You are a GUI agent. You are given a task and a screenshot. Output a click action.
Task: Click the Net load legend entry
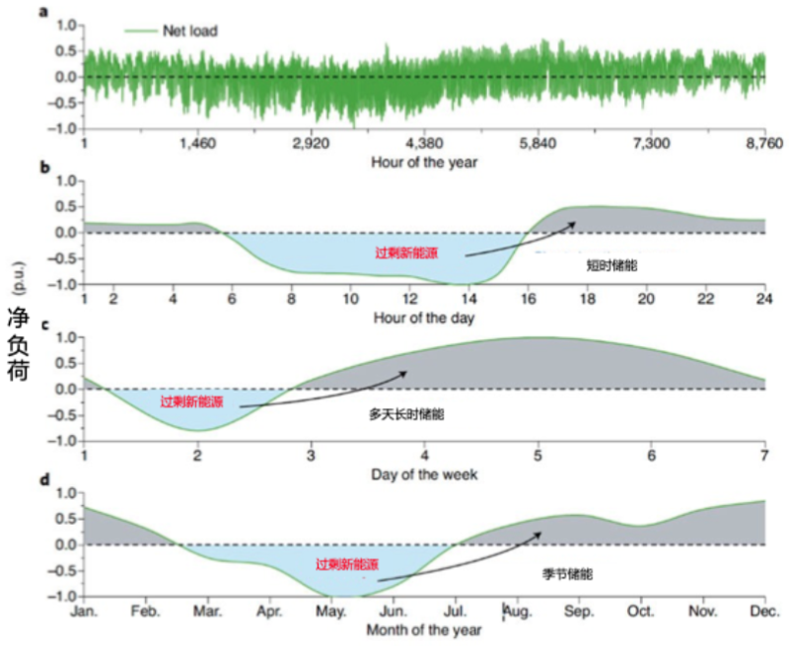click(173, 32)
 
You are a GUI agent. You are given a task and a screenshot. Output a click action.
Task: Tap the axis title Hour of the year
click(424, 163)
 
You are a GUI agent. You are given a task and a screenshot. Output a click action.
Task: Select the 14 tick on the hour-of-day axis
click(468, 299)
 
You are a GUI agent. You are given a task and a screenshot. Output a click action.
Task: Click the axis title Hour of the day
click(424, 318)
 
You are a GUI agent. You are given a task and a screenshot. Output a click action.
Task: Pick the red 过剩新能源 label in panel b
click(405, 252)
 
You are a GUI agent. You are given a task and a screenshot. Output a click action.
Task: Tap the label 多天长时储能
click(406, 415)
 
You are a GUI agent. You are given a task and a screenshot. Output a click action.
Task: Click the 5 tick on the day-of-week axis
click(538, 455)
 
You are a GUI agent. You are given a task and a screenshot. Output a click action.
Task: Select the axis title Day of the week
click(424, 474)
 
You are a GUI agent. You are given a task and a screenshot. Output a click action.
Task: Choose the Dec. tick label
click(763, 611)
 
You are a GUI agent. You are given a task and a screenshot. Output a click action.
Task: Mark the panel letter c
click(45, 325)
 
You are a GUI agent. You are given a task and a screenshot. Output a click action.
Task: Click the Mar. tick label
click(207, 611)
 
